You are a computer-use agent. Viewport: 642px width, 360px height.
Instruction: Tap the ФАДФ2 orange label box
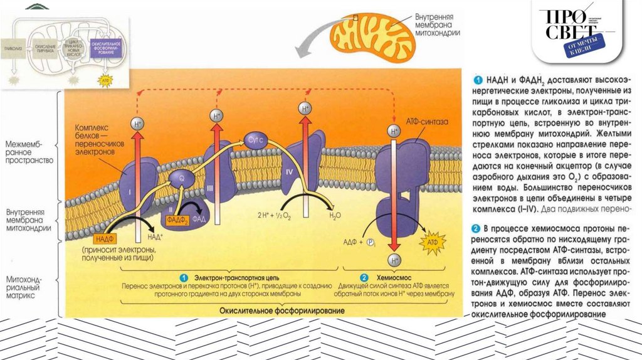[x=177, y=220]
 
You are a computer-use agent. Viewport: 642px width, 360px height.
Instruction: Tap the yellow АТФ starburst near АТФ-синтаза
[x=432, y=241]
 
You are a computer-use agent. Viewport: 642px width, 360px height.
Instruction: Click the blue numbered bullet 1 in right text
[x=477, y=80]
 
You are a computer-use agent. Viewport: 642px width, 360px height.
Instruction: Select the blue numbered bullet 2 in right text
[x=477, y=223]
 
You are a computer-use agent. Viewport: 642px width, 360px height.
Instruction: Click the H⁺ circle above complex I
[x=138, y=124]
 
